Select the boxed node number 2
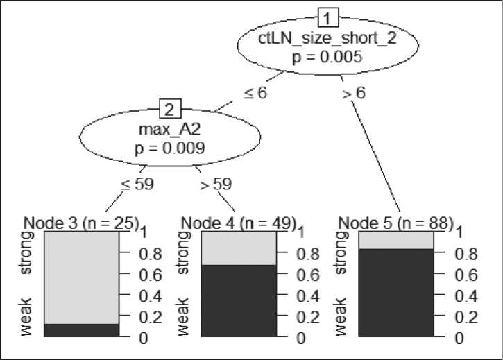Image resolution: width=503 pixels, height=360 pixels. coord(170,109)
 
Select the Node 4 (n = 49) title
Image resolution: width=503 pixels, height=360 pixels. coord(238,223)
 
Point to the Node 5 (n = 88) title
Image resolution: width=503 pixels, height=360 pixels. coord(396,223)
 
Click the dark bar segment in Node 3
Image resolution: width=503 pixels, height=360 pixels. coord(81,330)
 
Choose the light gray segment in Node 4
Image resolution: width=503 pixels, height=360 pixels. coord(238,248)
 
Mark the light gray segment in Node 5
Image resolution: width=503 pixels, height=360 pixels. coord(396,240)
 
